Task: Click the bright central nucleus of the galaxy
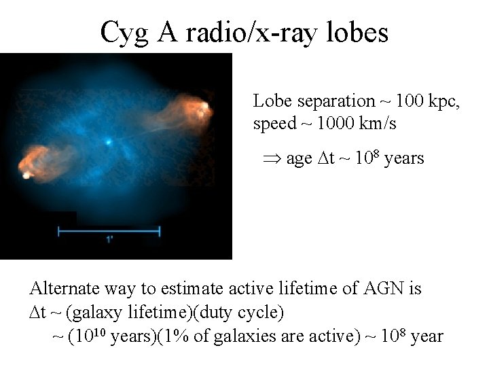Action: click(108, 143)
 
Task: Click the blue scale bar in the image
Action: click(109, 231)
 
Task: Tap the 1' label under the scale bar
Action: click(109, 239)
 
